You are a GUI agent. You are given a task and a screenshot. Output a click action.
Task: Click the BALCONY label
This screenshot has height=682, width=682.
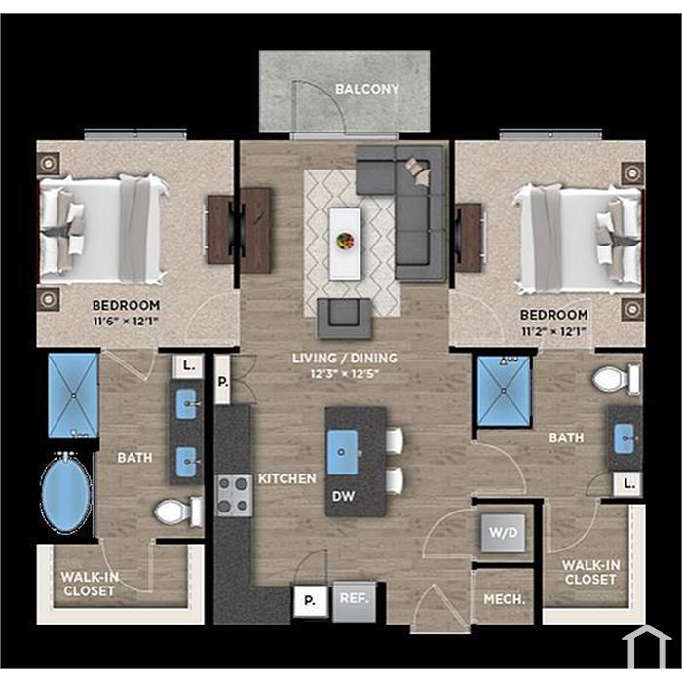(367, 90)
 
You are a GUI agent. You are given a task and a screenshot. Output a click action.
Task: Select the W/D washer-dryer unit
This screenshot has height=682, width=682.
(504, 533)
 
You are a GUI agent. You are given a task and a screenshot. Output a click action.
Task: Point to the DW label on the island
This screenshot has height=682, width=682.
(343, 496)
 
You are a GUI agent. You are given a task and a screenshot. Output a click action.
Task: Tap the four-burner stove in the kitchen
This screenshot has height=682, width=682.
(235, 496)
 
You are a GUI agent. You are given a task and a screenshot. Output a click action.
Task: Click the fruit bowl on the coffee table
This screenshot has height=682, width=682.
(345, 241)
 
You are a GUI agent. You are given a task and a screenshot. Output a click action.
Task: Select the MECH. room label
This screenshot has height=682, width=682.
(505, 600)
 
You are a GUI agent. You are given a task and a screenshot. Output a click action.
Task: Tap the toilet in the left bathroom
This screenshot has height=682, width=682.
(178, 511)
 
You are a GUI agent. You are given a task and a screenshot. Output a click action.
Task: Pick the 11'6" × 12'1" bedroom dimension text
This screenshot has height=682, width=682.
(126, 322)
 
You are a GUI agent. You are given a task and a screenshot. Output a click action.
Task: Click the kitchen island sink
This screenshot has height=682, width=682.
(343, 452)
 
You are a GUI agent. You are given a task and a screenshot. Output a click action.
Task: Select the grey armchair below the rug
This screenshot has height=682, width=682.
(345, 319)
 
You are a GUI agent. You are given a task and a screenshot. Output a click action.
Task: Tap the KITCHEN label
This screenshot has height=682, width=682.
(287, 479)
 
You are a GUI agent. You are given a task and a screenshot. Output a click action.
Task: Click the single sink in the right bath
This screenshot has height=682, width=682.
(625, 438)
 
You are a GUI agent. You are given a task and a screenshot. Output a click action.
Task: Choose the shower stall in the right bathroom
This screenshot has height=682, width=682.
(504, 391)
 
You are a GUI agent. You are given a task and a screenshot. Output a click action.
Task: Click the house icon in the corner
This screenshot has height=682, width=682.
(647, 647)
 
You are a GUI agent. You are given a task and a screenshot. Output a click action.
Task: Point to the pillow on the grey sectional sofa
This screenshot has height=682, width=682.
(418, 170)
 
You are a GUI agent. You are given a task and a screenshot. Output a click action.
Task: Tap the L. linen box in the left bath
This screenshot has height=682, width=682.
(188, 366)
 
